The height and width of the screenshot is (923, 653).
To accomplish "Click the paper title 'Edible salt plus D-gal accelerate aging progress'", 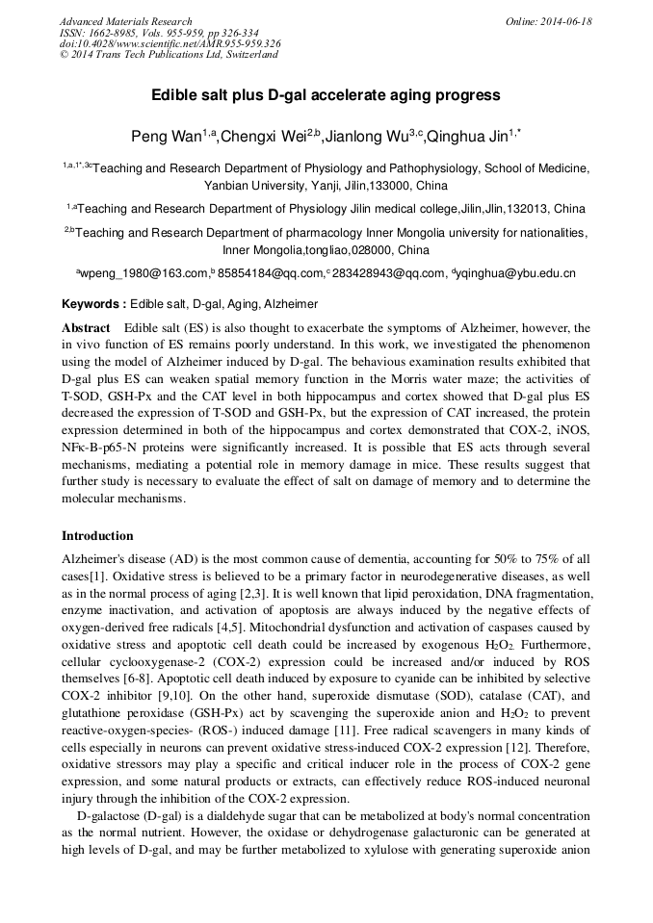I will (326, 95).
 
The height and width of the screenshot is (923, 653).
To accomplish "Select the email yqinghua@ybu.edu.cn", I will (516, 273).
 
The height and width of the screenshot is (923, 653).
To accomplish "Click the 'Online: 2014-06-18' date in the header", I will (549, 21).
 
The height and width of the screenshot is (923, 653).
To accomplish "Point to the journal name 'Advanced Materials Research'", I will (126, 21).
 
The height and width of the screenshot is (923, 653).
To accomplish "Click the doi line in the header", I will (170, 43).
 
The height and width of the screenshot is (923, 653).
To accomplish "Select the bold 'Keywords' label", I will (92, 303).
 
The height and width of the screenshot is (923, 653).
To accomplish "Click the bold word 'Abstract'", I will (86, 328).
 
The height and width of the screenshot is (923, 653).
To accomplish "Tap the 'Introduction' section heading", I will (97, 536).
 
